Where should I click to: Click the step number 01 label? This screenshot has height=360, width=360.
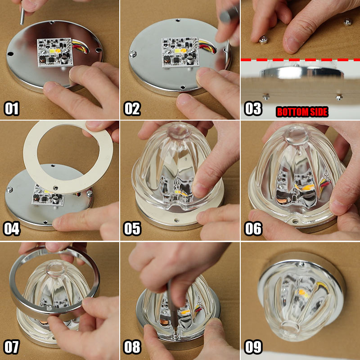(12, 108)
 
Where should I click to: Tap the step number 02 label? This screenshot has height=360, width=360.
(132, 108)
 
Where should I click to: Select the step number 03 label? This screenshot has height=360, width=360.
(253, 108)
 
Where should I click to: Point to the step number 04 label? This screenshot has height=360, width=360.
(12, 229)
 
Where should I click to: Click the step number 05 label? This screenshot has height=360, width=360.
(132, 229)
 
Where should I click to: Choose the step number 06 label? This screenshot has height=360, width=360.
(253, 229)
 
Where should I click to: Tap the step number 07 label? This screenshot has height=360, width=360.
(12, 346)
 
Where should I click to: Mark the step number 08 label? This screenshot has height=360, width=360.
(132, 346)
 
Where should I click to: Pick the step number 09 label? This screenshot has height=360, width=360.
(253, 346)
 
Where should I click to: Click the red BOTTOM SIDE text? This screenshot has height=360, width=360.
(302, 112)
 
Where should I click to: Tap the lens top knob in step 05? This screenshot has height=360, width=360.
(179, 130)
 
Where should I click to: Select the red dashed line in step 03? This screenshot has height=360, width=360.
(300, 60)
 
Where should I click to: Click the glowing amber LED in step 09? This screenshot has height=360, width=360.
(303, 293)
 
